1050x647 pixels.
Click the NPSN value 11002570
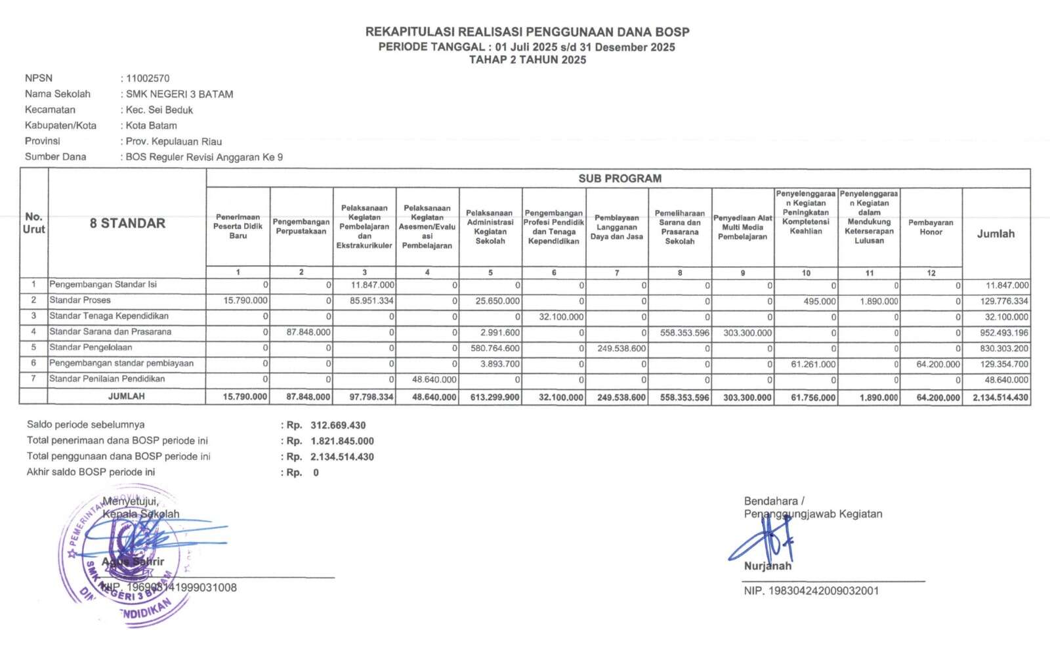pyautogui.click(x=148, y=78)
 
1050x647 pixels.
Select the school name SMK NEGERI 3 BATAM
pyautogui.click(x=179, y=94)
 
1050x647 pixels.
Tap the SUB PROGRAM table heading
pyautogui.click(x=619, y=178)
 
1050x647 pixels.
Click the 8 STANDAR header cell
pyautogui.click(x=127, y=223)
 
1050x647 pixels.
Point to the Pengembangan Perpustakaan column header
pyautogui.click(x=301, y=226)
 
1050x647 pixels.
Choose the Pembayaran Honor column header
pyautogui.click(x=931, y=227)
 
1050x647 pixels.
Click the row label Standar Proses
pyautogui.click(x=80, y=300)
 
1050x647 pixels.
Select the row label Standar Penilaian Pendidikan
pyautogui.click(x=107, y=379)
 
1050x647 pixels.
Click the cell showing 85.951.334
pyautogui.click(x=371, y=301)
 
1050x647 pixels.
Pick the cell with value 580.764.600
pyautogui.click(x=495, y=348)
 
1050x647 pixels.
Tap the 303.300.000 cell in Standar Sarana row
pyautogui.click(x=747, y=333)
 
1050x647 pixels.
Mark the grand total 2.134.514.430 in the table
pyautogui.click(x=1000, y=398)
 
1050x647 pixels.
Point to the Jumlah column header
pyautogui.click(x=996, y=234)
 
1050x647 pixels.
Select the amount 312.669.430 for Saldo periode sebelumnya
pyautogui.click(x=338, y=425)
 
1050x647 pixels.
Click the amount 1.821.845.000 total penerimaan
pyautogui.click(x=342, y=441)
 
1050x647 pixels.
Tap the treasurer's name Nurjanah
pyautogui.click(x=768, y=566)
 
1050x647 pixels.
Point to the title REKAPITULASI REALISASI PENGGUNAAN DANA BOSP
pyautogui.click(x=527, y=31)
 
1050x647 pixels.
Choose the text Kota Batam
pyautogui.click(x=152, y=125)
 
